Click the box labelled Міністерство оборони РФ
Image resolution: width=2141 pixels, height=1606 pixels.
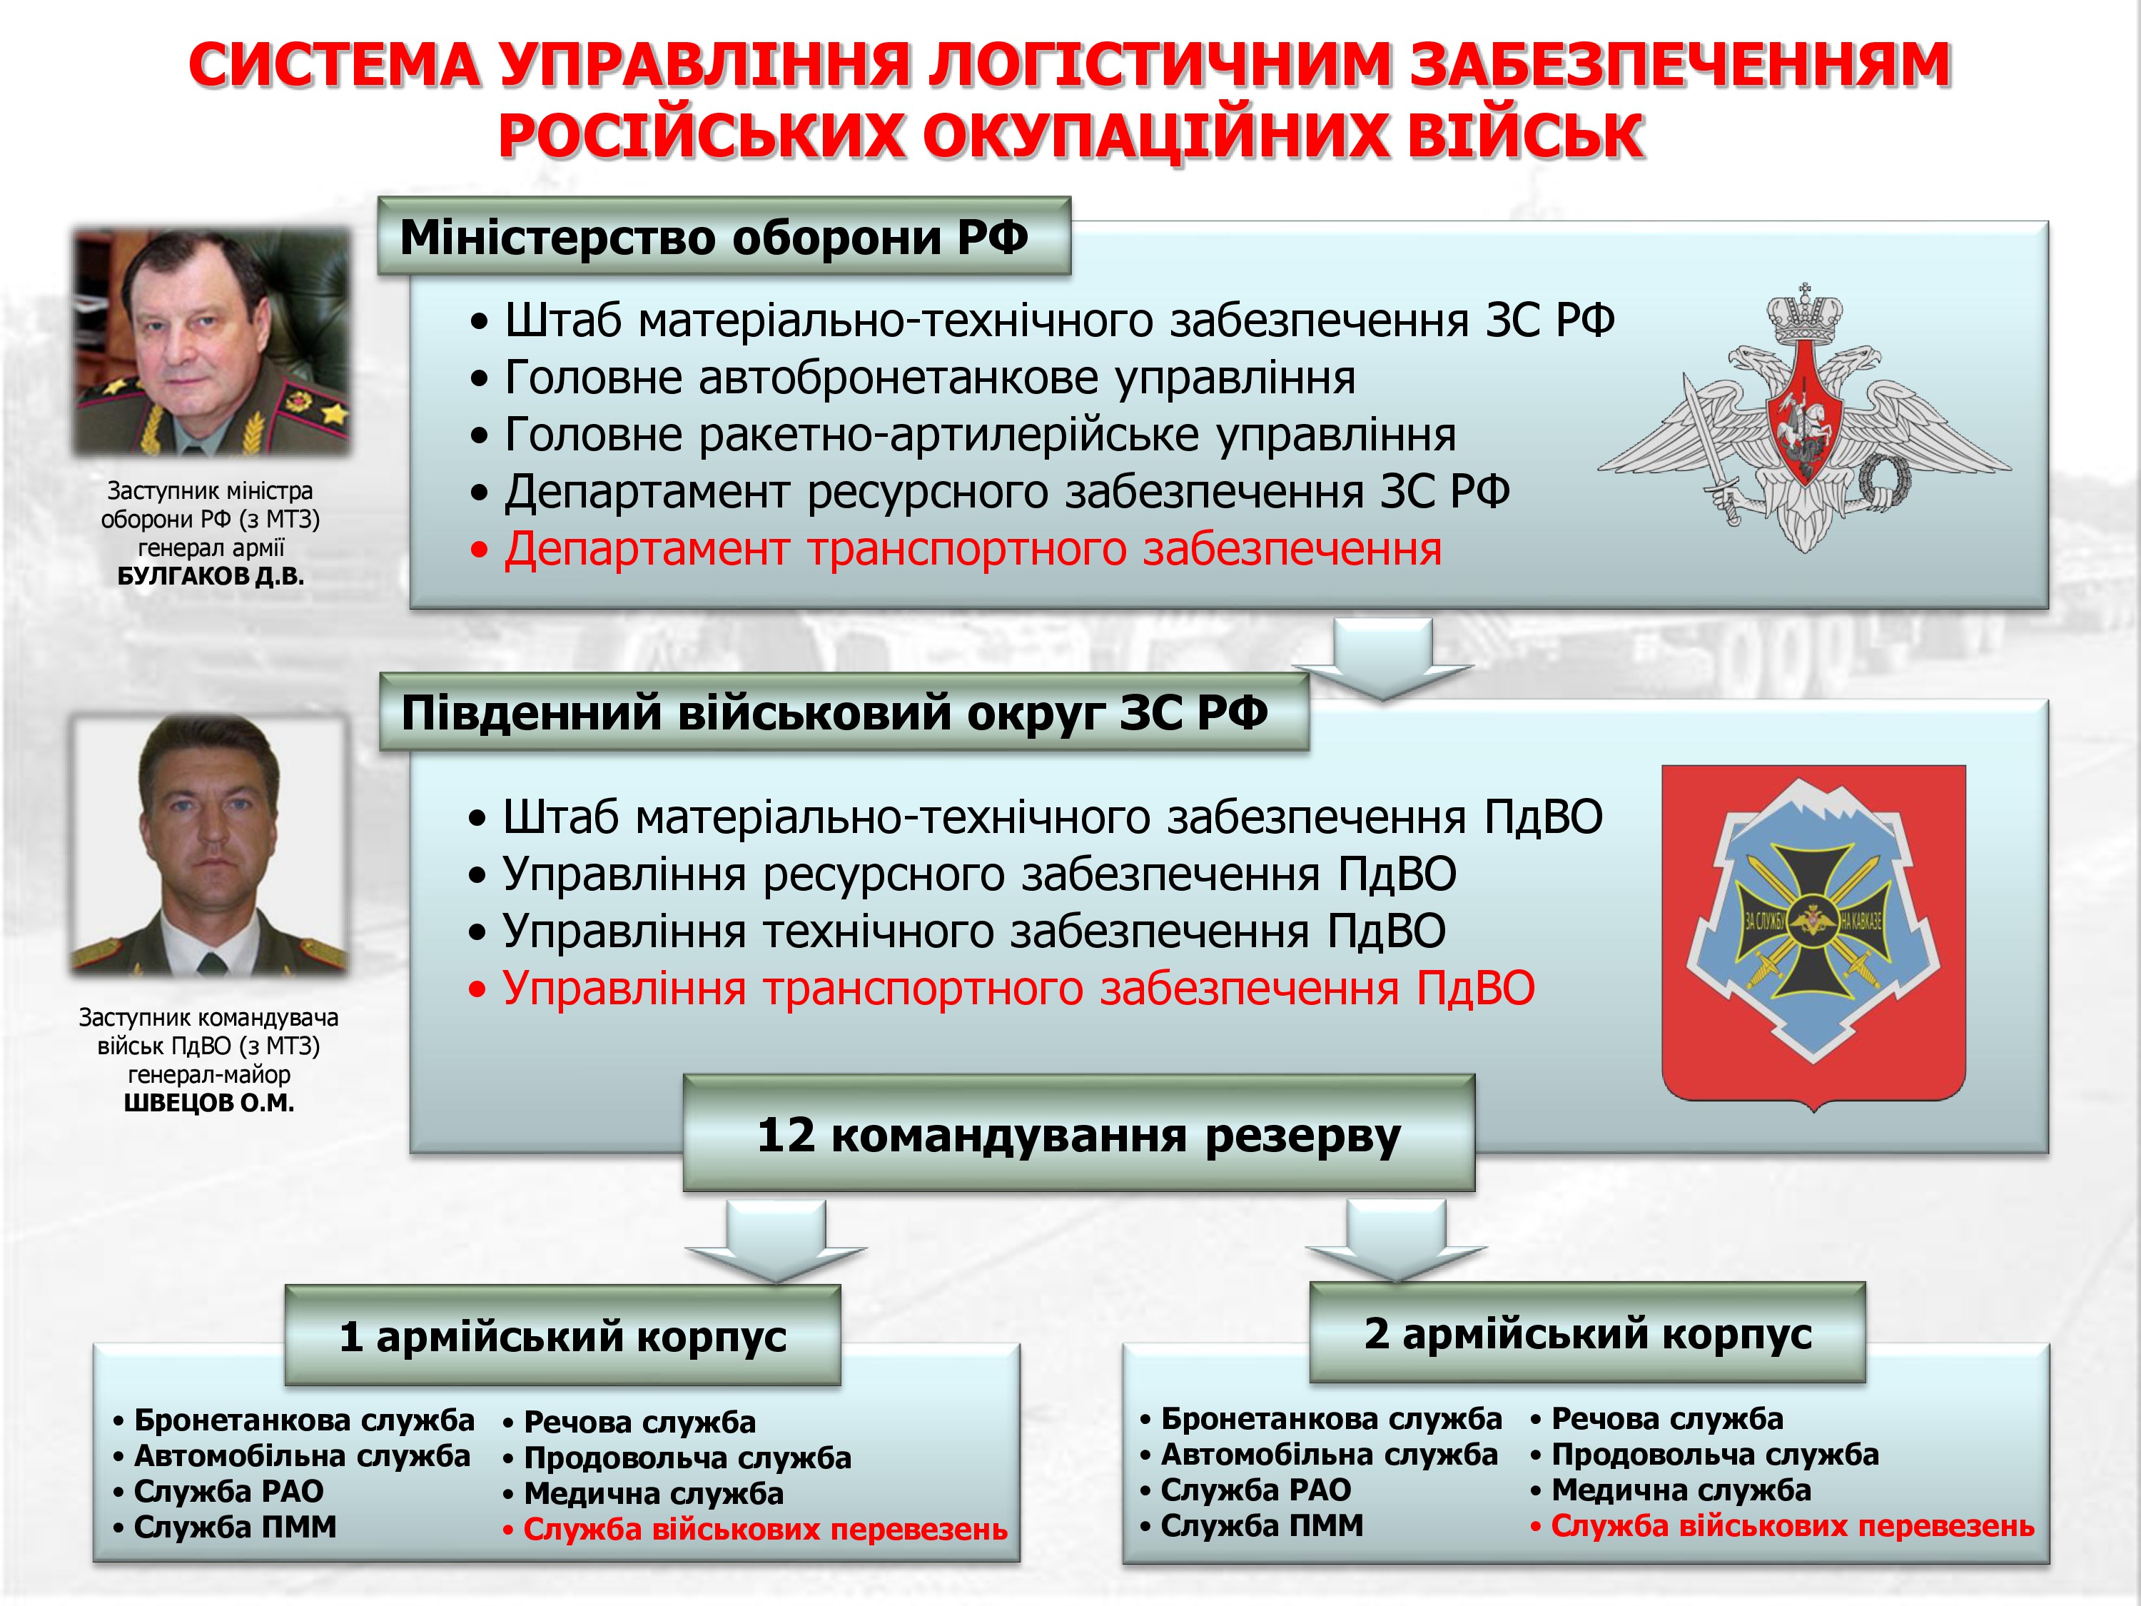pyautogui.click(x=724, y=236)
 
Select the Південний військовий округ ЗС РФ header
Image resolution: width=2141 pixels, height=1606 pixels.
pyautogui.click(x=844, y=712)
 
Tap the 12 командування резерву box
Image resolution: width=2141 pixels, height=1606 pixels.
pyautogui.click(x=1079, y=1133)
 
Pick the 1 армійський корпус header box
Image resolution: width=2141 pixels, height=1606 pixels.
pyautogui.click(x=562, y=1336)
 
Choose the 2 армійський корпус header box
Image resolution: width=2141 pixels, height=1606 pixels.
pyautogui.click(x=1587, y=1333)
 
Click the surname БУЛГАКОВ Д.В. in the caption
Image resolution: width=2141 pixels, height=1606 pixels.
pyautogui.click(x=211, y=577)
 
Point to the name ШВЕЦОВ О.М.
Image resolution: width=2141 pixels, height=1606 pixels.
pyautogui.click(x=209, y=1103)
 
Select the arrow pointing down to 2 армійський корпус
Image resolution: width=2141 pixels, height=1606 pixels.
pyautogui.click(x=1397, y=1241)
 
